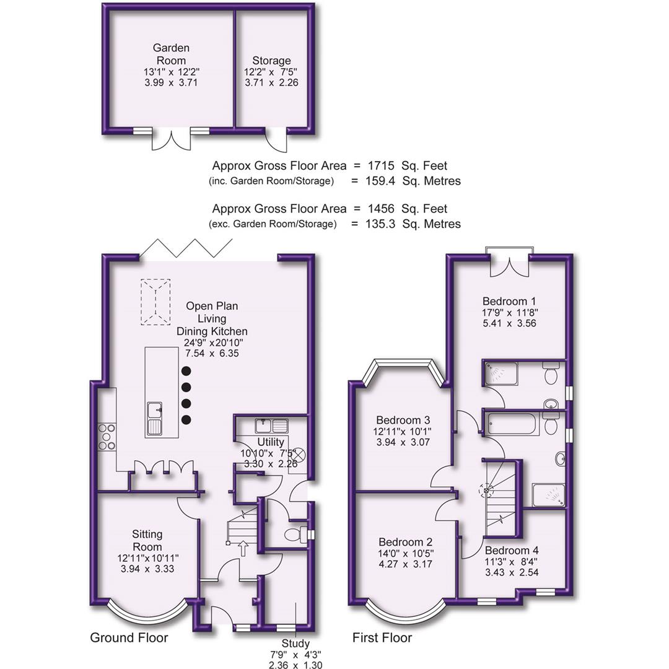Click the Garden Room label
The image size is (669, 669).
point(171,54)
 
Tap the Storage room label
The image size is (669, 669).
point(271,61)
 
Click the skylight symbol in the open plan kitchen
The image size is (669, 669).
point(155,302)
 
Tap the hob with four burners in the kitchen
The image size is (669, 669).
point(107,436)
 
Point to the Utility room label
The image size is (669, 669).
point(271,442)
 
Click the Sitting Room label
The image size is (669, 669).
point(147,540)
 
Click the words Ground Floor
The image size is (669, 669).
point(129,638)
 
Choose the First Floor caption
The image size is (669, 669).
point(382,638)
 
